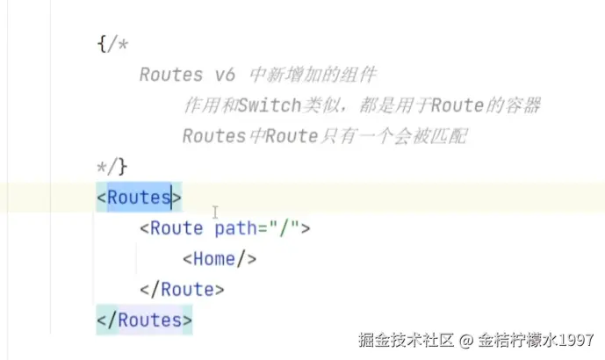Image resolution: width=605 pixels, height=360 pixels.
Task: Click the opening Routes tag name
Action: tap(139, 198)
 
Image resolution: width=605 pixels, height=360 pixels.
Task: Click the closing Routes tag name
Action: tap(149, 320)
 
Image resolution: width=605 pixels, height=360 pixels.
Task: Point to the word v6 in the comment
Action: tap(224, 75)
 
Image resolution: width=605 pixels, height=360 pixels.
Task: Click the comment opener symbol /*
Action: tap(118, 44)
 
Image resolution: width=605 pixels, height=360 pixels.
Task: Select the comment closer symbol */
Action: tap(107, 165)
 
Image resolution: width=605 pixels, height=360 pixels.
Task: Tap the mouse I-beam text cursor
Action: tap(215, 212)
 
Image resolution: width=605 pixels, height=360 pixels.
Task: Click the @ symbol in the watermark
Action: tap(465, 340)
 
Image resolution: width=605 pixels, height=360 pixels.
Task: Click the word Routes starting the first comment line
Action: tap(170, 75)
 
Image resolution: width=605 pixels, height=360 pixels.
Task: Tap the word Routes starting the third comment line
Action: tap(213, 137)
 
